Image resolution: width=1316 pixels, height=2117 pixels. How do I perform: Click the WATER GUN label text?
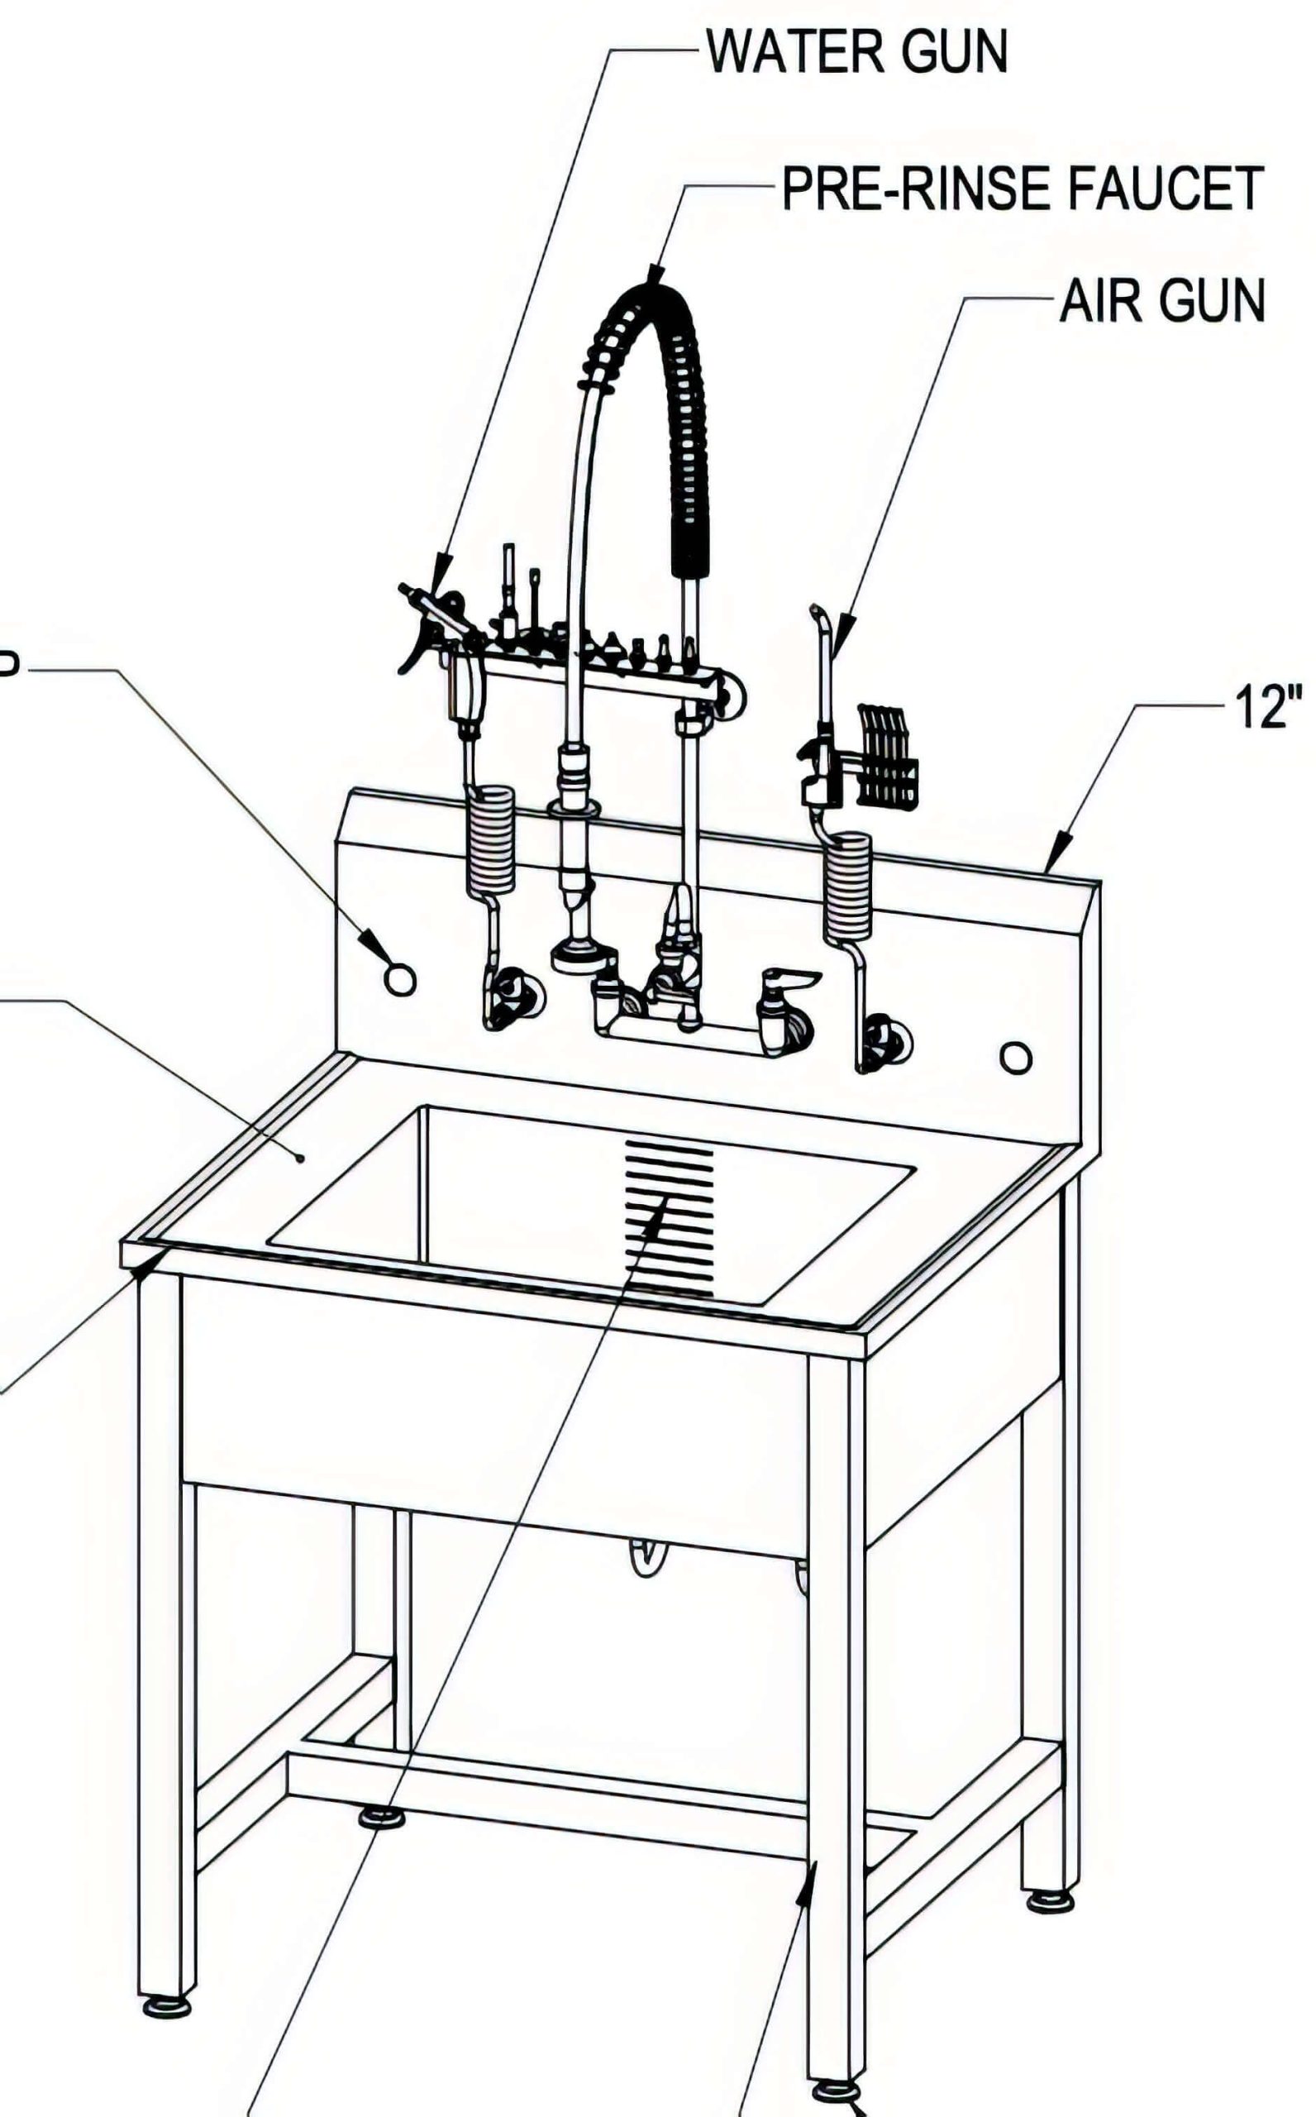pos(857,52)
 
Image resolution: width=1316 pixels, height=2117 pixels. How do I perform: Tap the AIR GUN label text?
pos(1161,303)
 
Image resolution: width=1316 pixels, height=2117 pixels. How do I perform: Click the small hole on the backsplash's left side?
pos(399,980)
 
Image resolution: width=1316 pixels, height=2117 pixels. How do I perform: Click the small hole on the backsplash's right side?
pos(1016,1057)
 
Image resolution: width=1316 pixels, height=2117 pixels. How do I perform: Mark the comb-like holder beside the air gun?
pos(888,754)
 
